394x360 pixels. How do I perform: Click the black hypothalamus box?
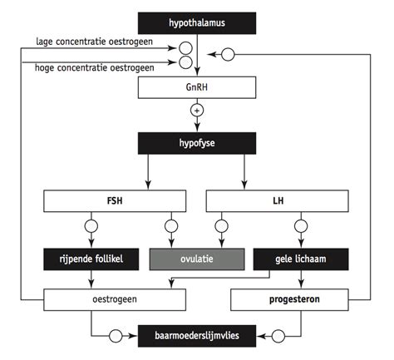pos(197,22)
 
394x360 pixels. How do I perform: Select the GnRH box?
pos(197,87)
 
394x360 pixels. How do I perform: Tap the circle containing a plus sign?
pos(197,111)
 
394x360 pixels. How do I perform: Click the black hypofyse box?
pos(197,143)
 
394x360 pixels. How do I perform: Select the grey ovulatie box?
pos(198,259)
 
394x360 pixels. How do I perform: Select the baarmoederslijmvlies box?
pos(197,337)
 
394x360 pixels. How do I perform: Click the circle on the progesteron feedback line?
pos(229,54)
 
